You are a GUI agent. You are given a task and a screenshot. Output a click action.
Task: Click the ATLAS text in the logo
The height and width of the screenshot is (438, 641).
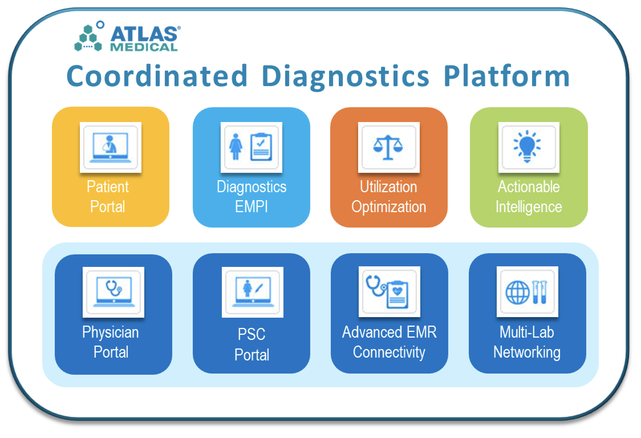[x=144, y=35]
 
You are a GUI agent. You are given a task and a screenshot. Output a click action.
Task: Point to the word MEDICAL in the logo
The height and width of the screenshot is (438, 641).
[x=144, y=47]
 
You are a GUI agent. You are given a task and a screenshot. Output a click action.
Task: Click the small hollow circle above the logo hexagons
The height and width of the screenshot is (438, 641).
[x=100, y=25]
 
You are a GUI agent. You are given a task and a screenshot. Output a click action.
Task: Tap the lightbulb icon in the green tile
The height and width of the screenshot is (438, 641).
[x=527, y=147]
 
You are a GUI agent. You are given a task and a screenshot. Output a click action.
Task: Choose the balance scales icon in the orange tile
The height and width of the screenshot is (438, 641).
[x=388, y=147]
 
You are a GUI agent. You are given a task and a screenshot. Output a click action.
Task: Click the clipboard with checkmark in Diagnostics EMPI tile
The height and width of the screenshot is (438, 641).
[x=261, y=147]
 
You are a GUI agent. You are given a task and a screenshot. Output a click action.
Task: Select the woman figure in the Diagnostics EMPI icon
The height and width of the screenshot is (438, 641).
[x=236, y=147]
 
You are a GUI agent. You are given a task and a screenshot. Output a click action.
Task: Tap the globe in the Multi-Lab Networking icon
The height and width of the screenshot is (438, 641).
[x=517, y=293]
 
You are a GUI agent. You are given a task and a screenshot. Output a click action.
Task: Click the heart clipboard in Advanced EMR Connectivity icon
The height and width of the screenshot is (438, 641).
[x=397, y=295]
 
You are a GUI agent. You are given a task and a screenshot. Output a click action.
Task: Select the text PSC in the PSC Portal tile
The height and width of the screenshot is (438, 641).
[x=251, y=334]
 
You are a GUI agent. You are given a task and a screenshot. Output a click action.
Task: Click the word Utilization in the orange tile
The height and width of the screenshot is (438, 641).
[x=388, y=187]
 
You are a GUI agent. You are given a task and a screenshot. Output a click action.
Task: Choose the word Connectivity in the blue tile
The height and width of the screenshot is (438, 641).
[x=389, y=352]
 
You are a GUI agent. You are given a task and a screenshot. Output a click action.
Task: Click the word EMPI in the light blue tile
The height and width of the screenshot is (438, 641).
[x=251, y=206]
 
